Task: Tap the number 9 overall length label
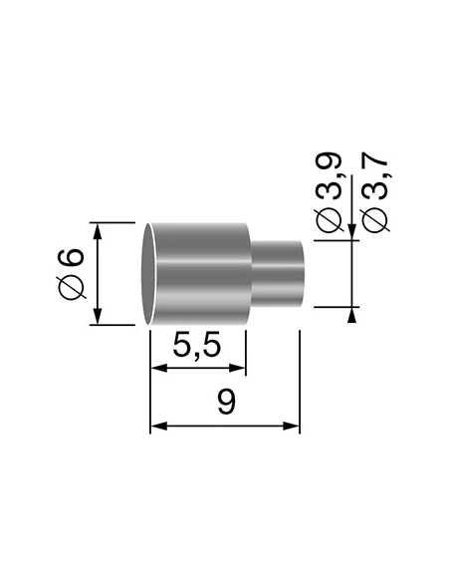[225, 403]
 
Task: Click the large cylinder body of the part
[199, 274]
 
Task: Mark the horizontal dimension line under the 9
[225, 427]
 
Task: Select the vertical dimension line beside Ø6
[98, 274]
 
